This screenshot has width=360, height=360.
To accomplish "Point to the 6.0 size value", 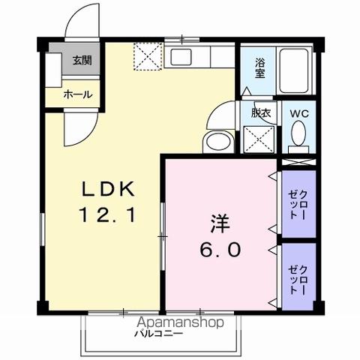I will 218,249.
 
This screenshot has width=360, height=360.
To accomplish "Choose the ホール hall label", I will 78,94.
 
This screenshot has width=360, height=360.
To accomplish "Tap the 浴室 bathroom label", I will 260,68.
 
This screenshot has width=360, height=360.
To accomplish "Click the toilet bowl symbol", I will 298,135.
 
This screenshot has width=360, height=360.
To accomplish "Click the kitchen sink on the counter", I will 183,57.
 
